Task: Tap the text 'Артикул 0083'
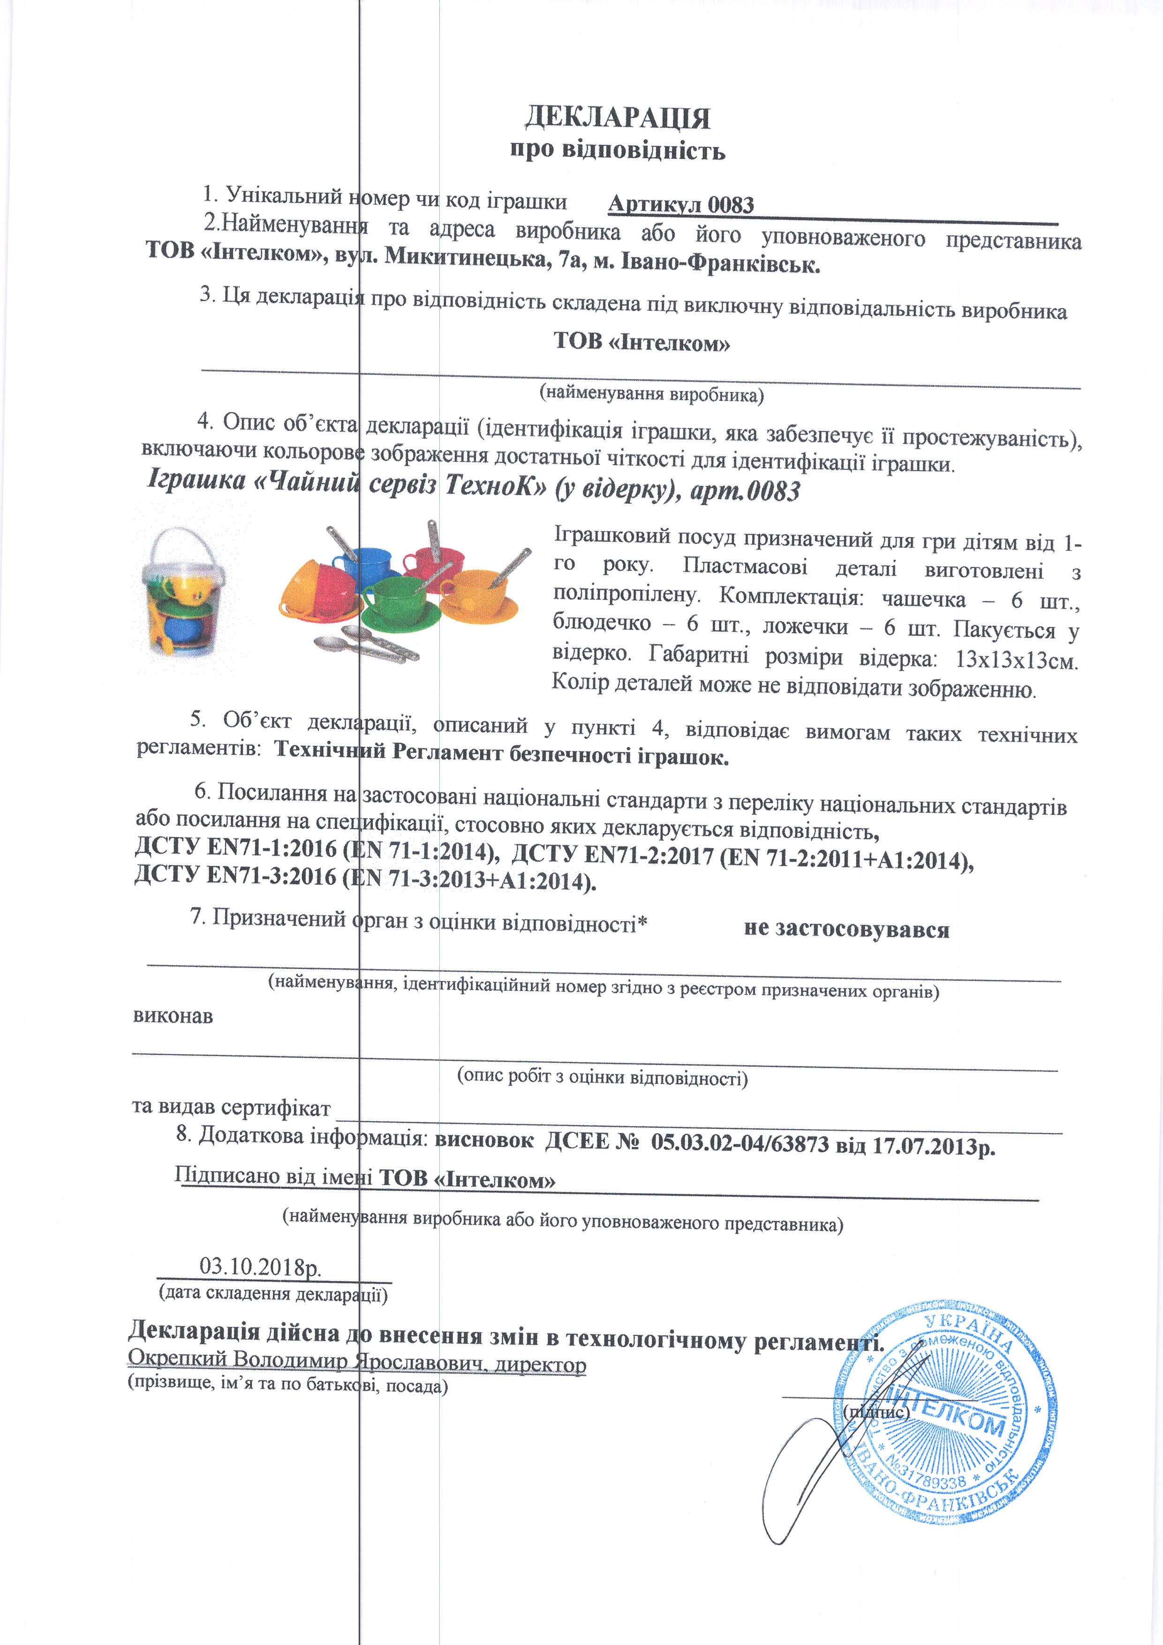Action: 681,205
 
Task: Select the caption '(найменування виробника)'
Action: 650,393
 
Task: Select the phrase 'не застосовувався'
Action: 846,929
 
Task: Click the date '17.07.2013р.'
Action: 934,1147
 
